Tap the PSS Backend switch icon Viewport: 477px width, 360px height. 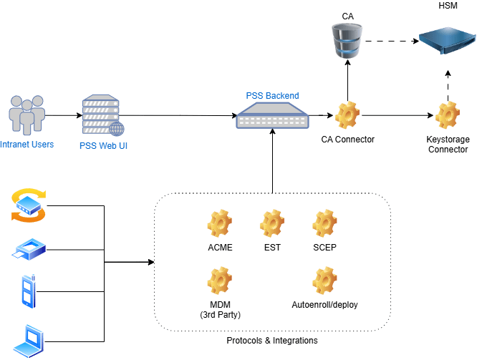(272, 115)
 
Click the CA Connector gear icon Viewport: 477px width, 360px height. (348, 115)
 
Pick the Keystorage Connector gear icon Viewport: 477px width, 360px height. (448, 115)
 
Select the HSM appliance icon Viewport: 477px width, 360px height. (447, 39)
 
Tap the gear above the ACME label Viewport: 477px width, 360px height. (219, 225)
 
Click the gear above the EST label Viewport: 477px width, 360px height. (272, 225)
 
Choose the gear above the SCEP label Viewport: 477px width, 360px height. (325, 225)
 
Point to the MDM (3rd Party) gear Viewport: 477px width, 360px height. (219, 281)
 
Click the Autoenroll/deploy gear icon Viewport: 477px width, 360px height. (325, 281)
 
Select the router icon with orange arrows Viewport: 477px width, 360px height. (29, 205)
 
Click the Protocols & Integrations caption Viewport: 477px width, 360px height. (272, 341)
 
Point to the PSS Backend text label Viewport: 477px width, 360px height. (272, 95)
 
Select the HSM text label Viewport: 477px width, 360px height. (448, 6)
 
